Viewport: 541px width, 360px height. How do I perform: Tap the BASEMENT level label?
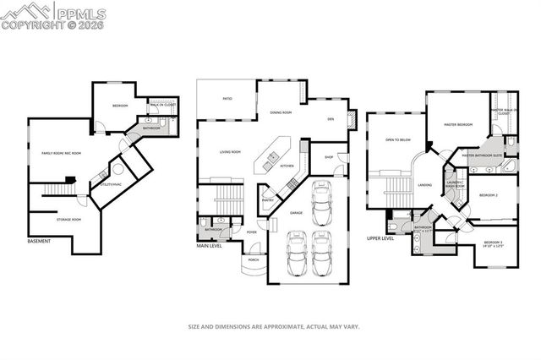tap(39, 242)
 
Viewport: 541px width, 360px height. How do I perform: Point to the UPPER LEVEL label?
tap(381, 239)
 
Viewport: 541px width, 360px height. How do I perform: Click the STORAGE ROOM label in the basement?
tap(69, 220)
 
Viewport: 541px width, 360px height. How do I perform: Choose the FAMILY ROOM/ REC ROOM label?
tap(62, 153)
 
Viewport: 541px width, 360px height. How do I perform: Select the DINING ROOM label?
tap(281, 112)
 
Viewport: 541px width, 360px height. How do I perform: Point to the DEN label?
tap(331, 119)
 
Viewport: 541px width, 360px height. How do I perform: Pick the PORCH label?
tap(254, 259)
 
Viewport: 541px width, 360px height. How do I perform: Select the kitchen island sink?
tap(274, 156)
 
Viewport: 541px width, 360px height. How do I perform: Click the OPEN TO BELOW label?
tap(397, 139)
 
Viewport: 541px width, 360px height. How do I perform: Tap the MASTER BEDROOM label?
tap(459, 125)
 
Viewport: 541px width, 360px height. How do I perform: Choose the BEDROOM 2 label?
tap(489, 194)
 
